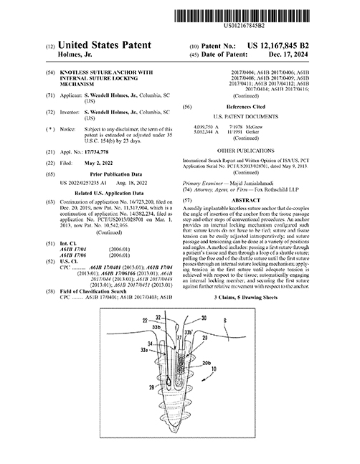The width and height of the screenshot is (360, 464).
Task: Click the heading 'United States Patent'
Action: click(104, 44)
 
